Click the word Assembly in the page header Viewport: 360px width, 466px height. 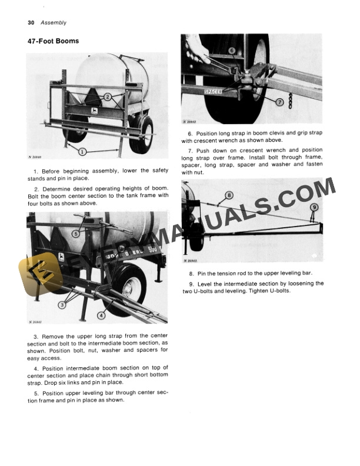pos(54,23)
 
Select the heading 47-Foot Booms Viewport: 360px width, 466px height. pos(53,41)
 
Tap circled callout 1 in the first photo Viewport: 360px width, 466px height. pos(82,151)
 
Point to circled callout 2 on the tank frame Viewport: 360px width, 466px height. pos(108,96)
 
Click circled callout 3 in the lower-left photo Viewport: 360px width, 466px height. pos(62,304)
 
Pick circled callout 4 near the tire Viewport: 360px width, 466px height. pos(101,315)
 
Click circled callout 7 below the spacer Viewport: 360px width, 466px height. pos(279,102)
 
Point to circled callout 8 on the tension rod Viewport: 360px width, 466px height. pos(229,195)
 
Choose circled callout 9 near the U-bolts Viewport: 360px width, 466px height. pos(314,207)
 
